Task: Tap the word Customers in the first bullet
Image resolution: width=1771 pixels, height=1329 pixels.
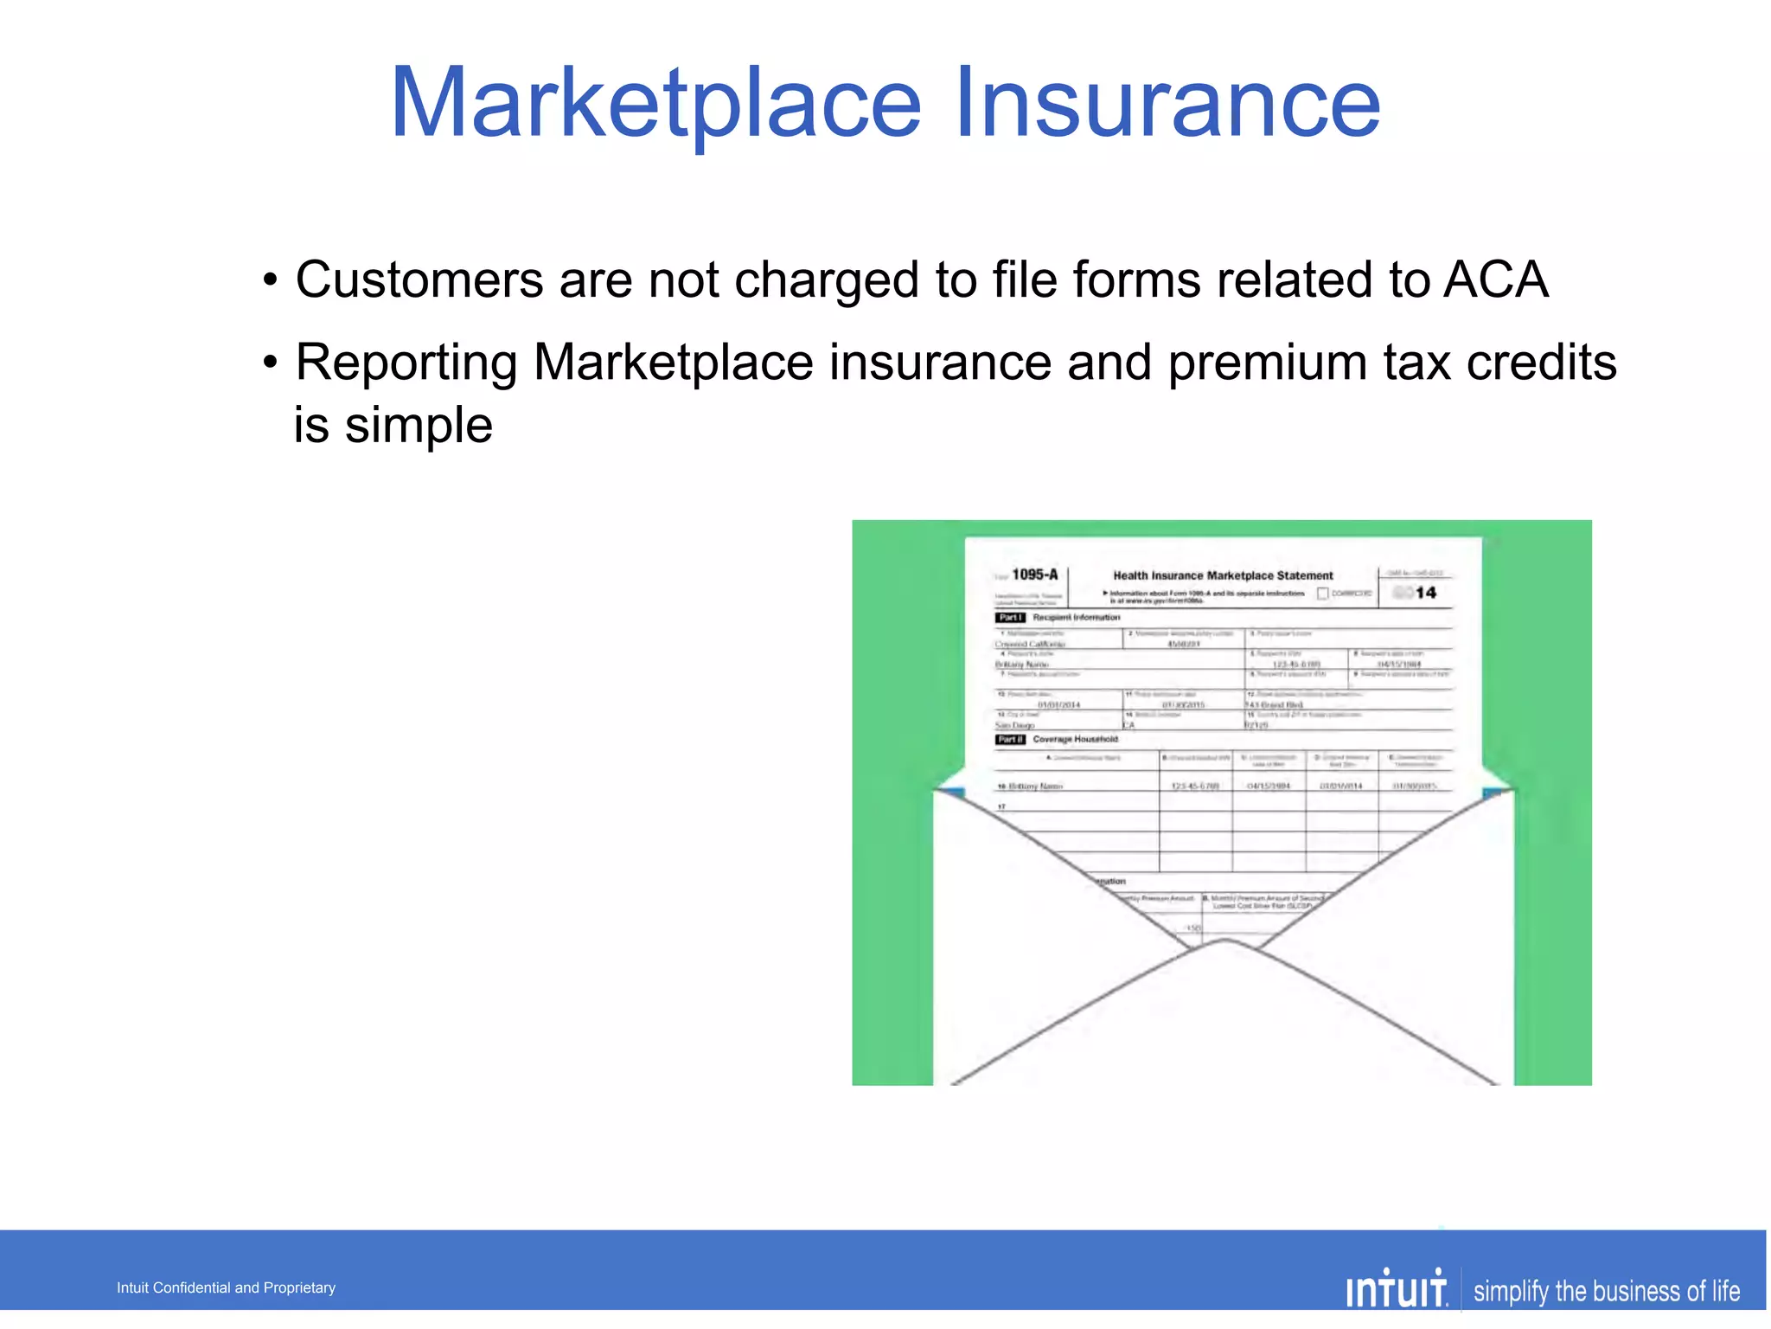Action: click(419, 280)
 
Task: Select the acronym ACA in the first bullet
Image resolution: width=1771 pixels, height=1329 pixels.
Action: click(1495, 280)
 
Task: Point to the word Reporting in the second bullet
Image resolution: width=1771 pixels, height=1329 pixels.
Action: click(406, 363)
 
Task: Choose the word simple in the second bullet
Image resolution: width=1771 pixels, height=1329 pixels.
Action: click(419, 426)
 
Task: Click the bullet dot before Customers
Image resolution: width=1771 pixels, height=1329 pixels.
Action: click(271, 281)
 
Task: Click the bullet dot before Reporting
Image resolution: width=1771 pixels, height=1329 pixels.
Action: click(271, 363)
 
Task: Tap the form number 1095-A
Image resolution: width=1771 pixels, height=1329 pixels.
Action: click(1034, 575)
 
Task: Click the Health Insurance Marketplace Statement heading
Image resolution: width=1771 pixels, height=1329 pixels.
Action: click(1223, 575)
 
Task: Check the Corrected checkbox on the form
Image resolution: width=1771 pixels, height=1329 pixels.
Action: click(1322, 594)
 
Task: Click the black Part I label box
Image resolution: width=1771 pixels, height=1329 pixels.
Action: click(1009, 618)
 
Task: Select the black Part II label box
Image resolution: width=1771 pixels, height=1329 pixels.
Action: click(1010, 740)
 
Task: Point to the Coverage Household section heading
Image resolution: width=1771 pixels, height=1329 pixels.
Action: click(1075, 740)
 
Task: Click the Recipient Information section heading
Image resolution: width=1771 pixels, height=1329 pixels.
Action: click(1076, 618)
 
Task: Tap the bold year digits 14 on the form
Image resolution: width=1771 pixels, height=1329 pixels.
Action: click(1426, 593)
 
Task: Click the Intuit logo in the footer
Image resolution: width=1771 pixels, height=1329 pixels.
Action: click(1396, 1290)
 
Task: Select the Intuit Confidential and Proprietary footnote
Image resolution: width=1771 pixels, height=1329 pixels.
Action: click(226, 1287)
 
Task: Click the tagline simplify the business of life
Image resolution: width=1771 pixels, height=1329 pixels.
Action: click(1606, 1291)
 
